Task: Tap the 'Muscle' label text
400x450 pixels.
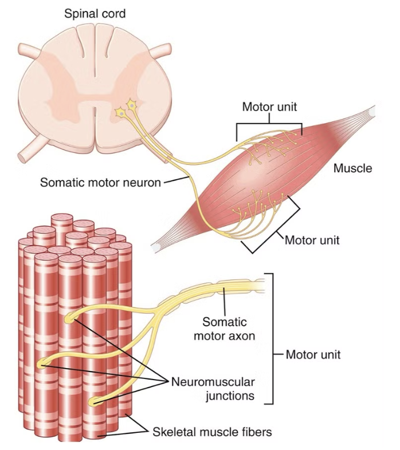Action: click(x=352, y=168)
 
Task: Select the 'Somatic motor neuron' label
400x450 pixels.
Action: click(x=100, y=183)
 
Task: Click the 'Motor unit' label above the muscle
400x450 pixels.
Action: click(x=269, y=107)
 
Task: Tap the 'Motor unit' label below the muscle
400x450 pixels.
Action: click(x=312, y=240)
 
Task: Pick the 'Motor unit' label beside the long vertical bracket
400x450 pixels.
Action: click(x=313, y=354)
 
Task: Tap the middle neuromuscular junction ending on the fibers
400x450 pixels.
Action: click(x=42, y=363)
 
